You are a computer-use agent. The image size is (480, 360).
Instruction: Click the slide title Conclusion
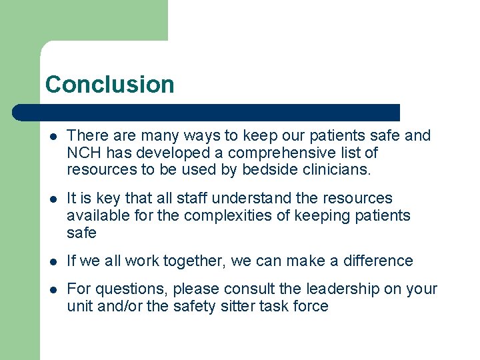click(x=109, y=85)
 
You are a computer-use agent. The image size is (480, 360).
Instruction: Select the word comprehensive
click(x=282, y=153)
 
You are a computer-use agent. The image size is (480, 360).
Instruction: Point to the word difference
click(x=377, y=261)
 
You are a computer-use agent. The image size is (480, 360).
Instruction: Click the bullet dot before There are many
click(x=53, y=136)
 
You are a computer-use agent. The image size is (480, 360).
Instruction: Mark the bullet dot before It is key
click(x=53, y=199)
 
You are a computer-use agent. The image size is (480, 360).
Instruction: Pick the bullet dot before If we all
click(x=53, y=262)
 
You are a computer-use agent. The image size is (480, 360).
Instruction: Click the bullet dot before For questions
click(x=53, y=290)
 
